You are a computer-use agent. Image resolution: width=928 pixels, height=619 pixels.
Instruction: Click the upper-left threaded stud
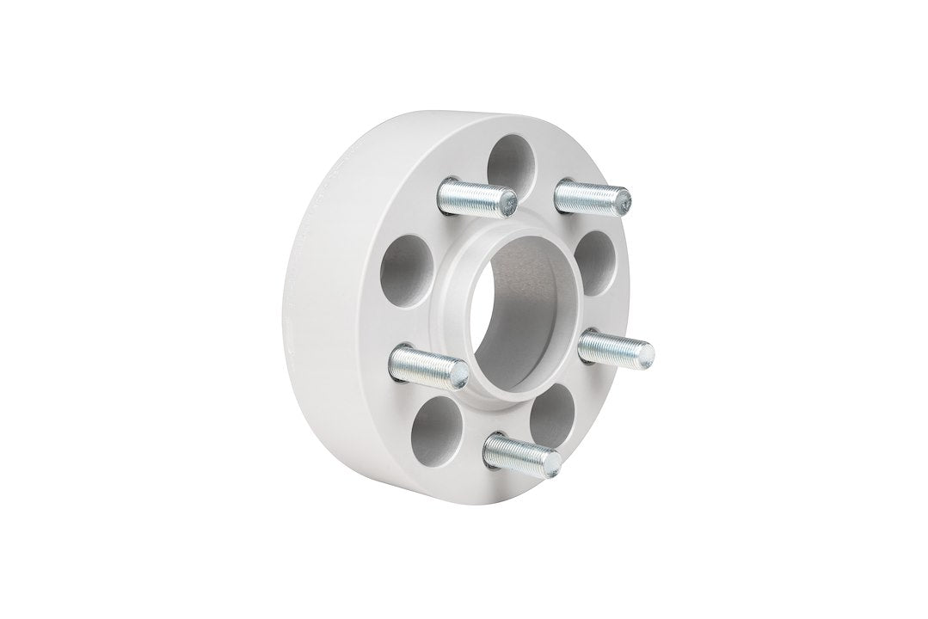tap(477, 196)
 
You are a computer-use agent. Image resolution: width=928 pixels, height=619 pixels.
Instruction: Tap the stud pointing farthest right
tap(614, 347)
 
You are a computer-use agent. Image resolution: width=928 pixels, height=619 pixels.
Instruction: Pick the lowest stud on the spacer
tap(521, 452)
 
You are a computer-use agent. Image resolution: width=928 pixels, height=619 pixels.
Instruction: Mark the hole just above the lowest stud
tap(551, 415)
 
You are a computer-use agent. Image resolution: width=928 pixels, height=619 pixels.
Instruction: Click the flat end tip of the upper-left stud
tap(510, 201)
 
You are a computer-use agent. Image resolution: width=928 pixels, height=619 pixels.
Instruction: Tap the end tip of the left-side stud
tap(461, 371)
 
